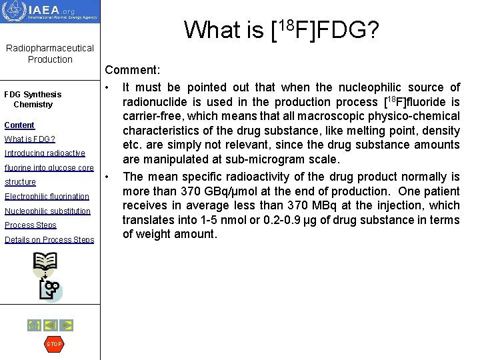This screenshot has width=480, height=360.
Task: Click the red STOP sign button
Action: pyautogui.click(x=53, y=344)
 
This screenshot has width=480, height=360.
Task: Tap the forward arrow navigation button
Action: pyautogui.click(x=66, y=325)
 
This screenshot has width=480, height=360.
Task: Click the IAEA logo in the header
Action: pyautogui.click(x=50, y=11)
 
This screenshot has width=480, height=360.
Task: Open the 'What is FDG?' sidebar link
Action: pyautogui.click(x=30, y=139)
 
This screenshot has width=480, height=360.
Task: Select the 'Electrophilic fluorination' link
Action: pyautogui.click(x=47, y=197)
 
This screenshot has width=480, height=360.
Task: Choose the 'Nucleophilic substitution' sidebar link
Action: pyautogui.click(x=47, y=211)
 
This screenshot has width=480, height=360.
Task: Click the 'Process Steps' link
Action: pyautogui.click(x=31, y=225)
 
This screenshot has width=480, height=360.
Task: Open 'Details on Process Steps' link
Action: pyautogui.click(x=49, y=240)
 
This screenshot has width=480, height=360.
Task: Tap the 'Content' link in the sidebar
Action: pyautogui.click(x=19, y=125)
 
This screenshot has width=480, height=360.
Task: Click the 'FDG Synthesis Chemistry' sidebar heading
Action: pyautogui.click(x=33, y=99)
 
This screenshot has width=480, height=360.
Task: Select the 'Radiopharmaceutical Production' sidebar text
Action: pyautogui.click(x=50, y=54)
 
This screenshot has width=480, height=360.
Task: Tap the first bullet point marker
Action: pyautogui.click(x=107, y=87)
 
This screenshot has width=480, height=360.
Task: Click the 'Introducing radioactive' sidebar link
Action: pyautogui.click(x=45, y=153)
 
